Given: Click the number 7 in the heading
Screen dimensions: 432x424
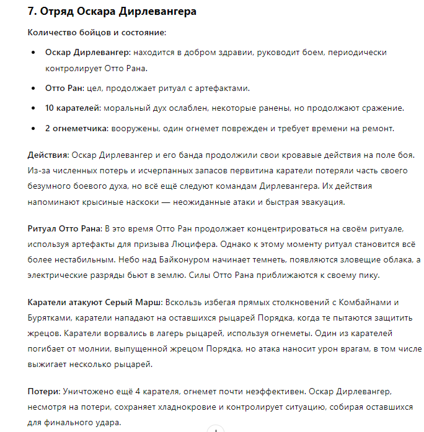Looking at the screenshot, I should click(32, 12).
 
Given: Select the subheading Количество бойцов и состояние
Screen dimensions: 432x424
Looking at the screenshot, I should click(97, 32).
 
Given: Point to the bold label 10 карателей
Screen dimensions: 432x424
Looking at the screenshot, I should click(73, 108).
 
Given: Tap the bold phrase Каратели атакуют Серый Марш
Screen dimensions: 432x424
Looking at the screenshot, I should click(95, 302).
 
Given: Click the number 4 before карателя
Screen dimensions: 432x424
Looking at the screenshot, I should click(137, 392).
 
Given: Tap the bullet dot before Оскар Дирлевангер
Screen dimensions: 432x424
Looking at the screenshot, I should click(33, 53).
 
